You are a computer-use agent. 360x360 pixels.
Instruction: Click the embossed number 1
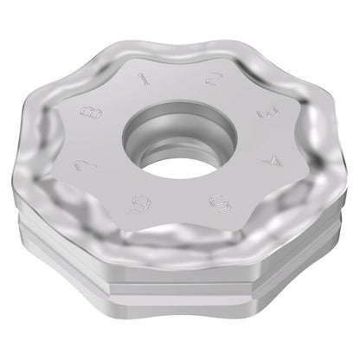pyautogui.click(x=144, y=78)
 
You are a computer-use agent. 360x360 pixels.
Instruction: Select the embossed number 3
pyautogui.click(x=268, y=112)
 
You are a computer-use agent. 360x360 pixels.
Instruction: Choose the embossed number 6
pyautogui.click(x=141, y=203)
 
